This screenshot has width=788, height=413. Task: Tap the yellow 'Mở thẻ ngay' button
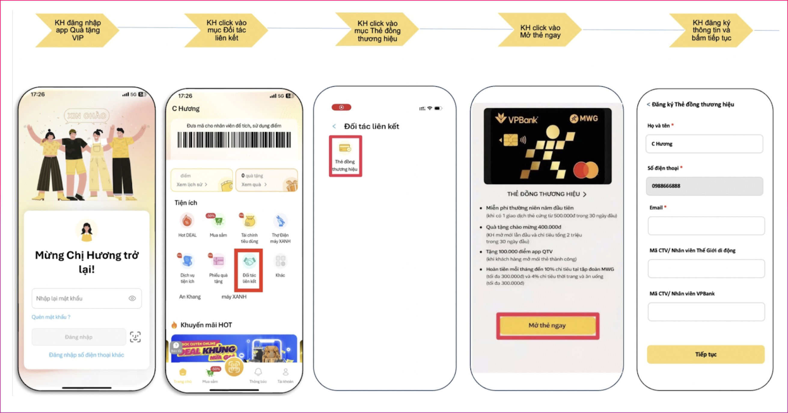(547, 325)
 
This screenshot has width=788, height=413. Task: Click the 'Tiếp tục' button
(705, 354)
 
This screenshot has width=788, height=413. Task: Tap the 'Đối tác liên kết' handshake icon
(249, 262)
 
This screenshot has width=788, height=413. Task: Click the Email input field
(706, 226)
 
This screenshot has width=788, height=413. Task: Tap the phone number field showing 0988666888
(704, 186)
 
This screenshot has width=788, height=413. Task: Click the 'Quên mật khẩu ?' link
(51, 317)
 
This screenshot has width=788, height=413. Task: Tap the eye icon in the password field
(132, 298)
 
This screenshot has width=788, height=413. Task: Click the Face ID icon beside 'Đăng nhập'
(135, 337)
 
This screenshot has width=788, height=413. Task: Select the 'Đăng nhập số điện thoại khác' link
(87, 355)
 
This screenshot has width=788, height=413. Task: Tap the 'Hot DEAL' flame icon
(187, 221)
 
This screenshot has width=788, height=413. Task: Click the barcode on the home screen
(234, 140)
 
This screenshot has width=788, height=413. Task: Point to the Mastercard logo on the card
(586, 170)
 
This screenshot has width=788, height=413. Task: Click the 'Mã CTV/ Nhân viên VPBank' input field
(706, 312)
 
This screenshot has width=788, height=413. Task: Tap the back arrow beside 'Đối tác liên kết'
(334, 126)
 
